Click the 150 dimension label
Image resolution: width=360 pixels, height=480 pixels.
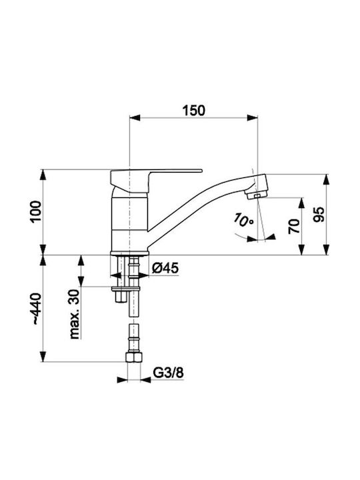[194, 111]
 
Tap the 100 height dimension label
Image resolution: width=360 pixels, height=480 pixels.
[36, 212]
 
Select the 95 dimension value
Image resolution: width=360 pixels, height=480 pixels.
[319, 214]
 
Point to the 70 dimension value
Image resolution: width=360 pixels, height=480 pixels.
[294, 226]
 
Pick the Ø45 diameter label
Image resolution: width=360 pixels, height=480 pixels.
[165, 268]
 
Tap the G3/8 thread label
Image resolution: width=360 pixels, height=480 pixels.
[168, 373]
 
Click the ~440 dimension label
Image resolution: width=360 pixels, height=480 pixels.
[37, 309]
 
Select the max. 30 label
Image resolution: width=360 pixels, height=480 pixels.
[74, 314]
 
